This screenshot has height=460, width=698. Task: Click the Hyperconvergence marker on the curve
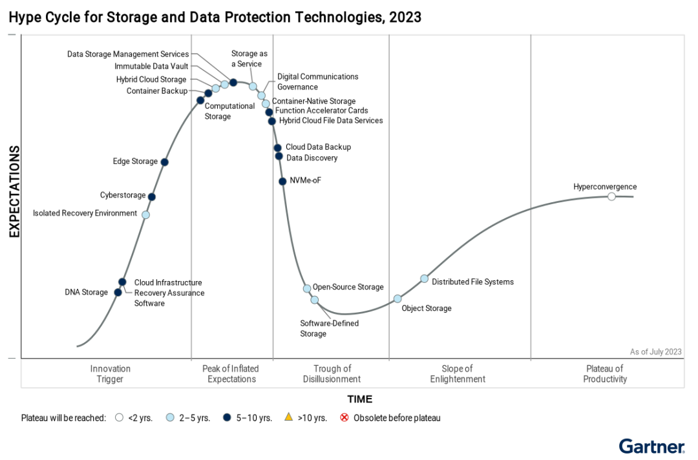[x=611, y=196]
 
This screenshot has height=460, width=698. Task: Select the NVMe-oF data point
[x=282, y=182]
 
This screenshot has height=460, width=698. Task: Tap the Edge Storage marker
[x=165, y=162]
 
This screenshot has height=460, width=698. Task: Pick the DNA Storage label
[x=86, y=293]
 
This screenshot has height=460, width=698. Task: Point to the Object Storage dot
[x=397, y=298]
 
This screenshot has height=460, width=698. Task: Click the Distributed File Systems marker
[x=425, y=278]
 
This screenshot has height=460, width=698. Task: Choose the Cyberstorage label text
[x=123, y=195]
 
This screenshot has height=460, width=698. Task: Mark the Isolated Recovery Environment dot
[x=145, y=214]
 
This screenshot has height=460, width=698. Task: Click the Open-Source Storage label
[x=348, y=287]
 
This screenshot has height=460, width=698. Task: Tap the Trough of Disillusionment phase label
[x=332, y=374]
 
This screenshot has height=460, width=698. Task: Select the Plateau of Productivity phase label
[x=605, y=374]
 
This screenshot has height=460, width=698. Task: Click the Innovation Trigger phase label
[x=110, y=374]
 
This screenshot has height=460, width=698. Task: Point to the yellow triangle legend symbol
[x=289, y=417]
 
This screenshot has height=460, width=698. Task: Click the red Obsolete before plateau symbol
[x=344, y=417]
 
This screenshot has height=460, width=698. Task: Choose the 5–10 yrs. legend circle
[x=227, y=417]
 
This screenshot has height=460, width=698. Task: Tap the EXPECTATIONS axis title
[x=14, y=192]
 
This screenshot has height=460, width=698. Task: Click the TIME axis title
[x=359, y=399]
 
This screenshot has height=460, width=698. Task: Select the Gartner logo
[x=651, y=446]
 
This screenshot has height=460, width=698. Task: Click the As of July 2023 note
[x=655, y=352]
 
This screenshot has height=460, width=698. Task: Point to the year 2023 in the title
[x=405, y=17]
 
